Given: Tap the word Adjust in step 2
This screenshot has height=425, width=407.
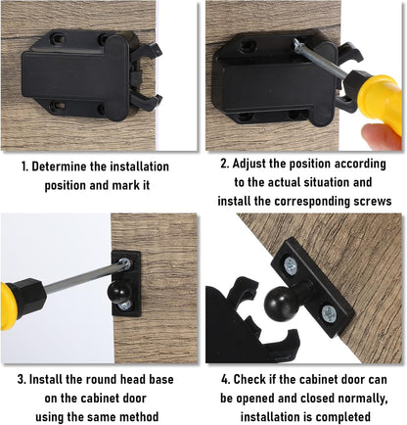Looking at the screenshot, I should (x=259, y=165).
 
